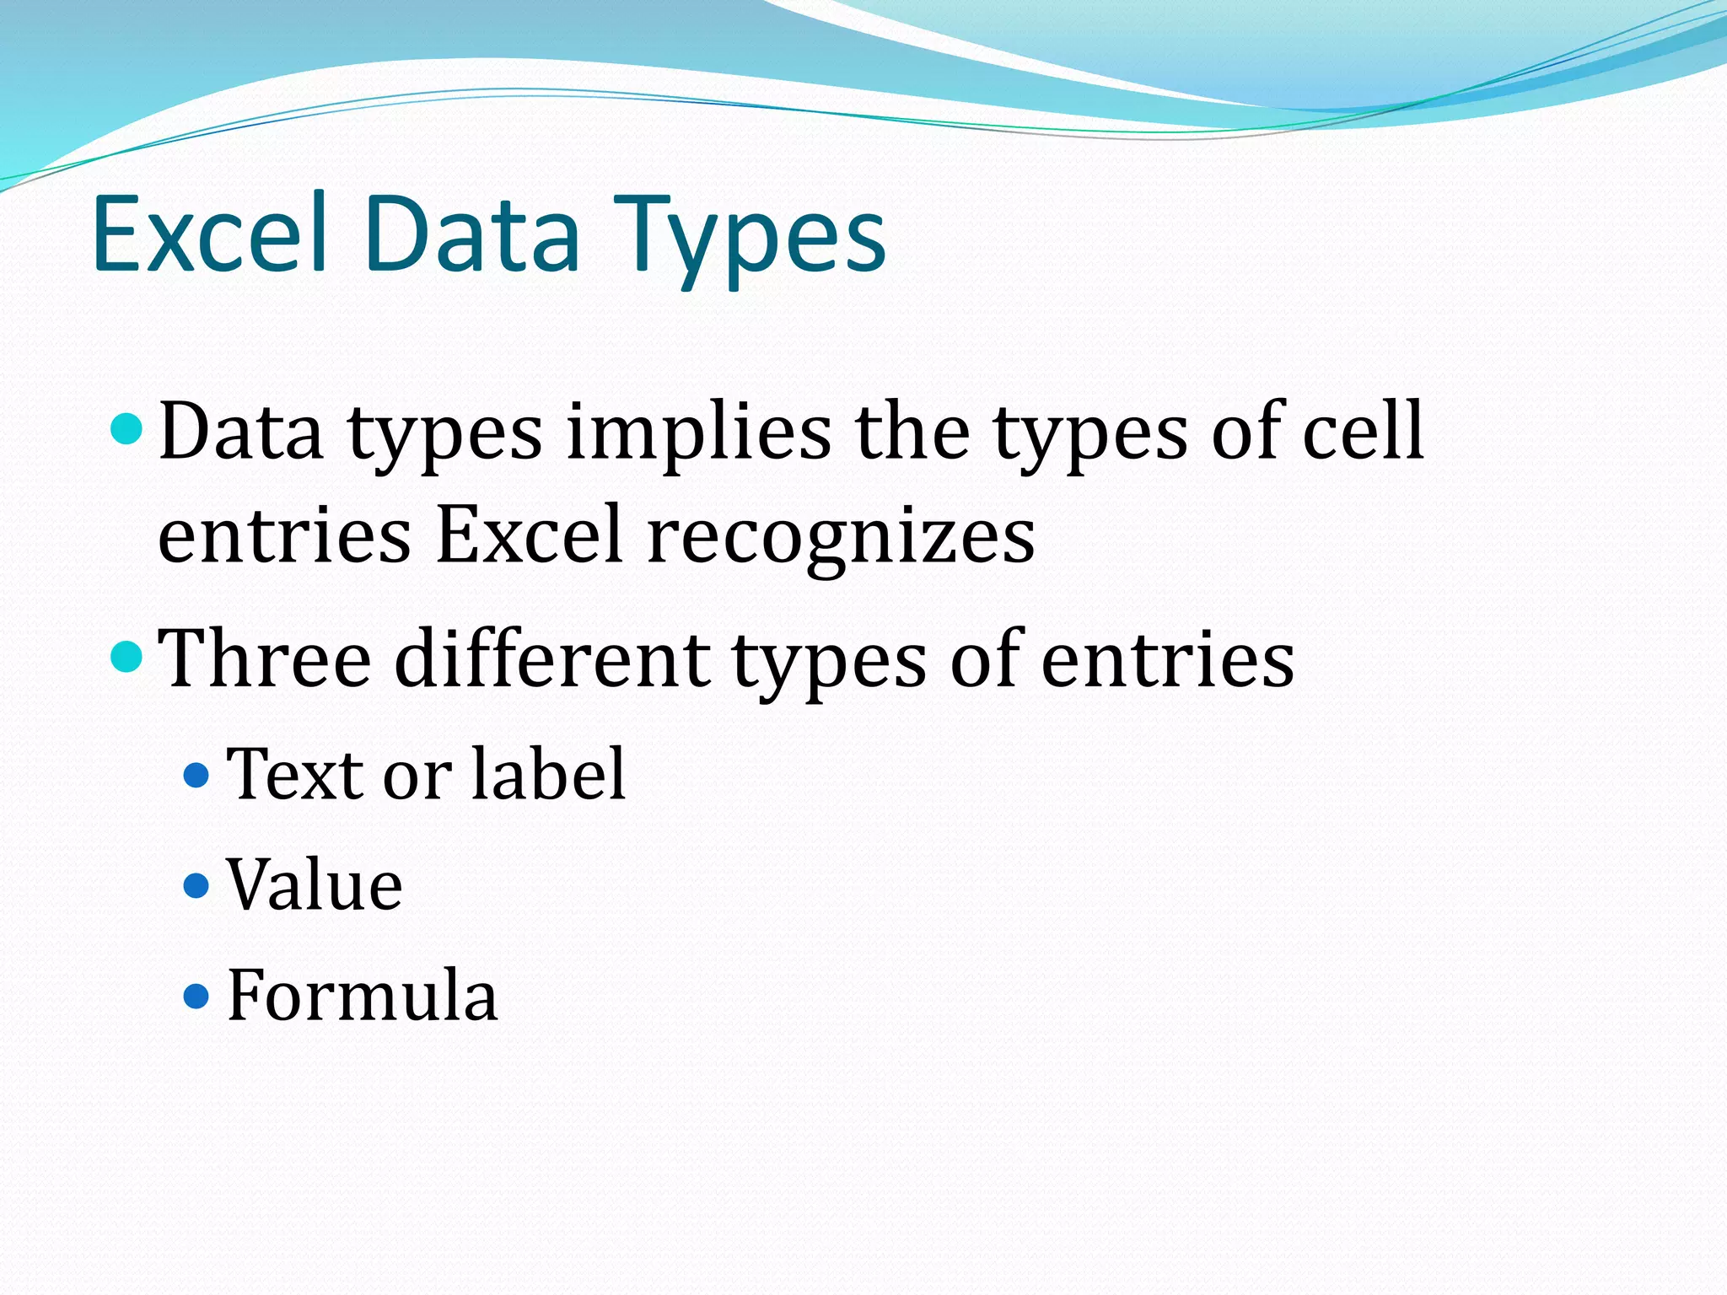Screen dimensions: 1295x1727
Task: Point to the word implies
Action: click(x=698, y=433)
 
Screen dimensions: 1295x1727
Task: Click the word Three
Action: click(x=265, y=659)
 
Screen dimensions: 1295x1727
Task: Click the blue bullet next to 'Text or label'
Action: click(x=196, y=775)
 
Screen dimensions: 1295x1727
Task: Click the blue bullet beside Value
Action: click(x=196, y=885)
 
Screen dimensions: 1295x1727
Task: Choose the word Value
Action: click(x=315, y=884)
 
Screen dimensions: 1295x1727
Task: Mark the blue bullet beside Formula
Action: click(x=196, y=997)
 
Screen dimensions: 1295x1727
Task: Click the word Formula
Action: click(x=363, y=996)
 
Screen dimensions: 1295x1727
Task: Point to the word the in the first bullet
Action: click(x=912, y=432)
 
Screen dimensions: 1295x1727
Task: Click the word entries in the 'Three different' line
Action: click(x=1167, y=659)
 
